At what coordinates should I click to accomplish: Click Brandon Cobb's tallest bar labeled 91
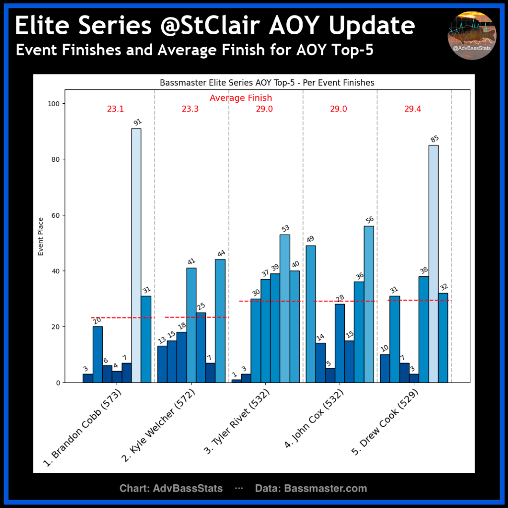click(136, 255)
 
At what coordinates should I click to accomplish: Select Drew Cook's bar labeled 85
click(434, 264)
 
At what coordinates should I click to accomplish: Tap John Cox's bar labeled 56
click(369, 304)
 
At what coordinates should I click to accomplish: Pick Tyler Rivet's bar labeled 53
click(285, 309)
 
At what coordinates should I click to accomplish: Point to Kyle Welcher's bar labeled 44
click(220, 321)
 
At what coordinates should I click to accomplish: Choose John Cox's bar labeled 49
click(311, 314)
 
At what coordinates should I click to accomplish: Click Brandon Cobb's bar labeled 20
click(98, 354)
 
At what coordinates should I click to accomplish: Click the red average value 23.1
click(115, 109)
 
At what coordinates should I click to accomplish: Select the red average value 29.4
click(412, 109)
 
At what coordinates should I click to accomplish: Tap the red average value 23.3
click(190, 109)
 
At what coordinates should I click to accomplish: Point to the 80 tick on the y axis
click(56, 159)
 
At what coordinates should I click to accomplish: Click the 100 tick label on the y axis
click(54, 104)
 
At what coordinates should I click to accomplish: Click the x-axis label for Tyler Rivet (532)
click(237, 422)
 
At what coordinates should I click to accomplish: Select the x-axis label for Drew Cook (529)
click(385, 422)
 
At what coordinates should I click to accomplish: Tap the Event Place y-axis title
click(41, 237)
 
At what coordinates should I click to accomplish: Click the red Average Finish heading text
click(241, 98)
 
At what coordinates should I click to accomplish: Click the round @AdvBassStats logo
click(472, 36)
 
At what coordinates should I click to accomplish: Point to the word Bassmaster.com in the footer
click(325, 488)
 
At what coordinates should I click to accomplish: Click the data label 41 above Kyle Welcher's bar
click(191, 261)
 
